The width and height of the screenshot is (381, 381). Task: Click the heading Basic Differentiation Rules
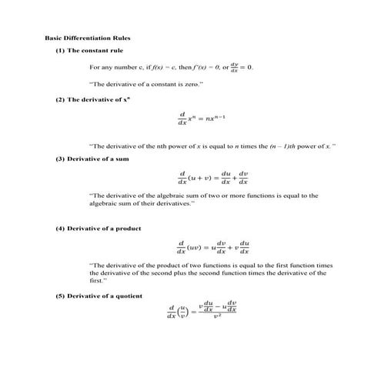pyautogui.click(x=87, y=37)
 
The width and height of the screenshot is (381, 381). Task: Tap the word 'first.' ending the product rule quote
pyautogui.click(x=98, y=281)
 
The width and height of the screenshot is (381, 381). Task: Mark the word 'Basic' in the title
pyautogui.click(x=54, y=37)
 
